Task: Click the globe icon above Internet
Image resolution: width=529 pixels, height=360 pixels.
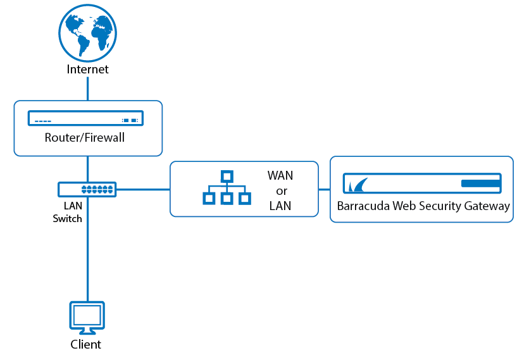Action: [x=88, y=33]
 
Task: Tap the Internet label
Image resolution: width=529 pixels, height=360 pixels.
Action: [x=88, y=69]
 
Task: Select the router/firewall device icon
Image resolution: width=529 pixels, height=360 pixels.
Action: [x=85, y=118]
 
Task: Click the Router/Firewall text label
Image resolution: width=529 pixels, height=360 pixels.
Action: [x=85, y=138]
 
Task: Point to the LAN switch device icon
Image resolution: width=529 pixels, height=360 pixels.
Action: [x=87, y=189]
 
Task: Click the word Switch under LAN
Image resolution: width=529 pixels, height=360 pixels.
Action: [x=68, y=219]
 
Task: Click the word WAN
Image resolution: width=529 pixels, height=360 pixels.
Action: [x=280, y=175]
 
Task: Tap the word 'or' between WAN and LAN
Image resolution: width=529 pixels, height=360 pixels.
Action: [x=282, y=191]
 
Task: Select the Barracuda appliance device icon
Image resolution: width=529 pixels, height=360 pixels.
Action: [x=422, y=183]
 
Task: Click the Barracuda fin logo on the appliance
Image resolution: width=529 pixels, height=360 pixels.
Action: [x=358, y=185]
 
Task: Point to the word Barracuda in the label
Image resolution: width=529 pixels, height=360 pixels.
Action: [x=363, y=206]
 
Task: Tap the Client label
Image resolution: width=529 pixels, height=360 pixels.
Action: [x=85, y=344]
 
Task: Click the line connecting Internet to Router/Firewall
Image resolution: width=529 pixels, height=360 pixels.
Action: [x=88, y=89]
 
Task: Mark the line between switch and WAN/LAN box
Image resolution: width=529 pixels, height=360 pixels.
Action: [x=143, y=190]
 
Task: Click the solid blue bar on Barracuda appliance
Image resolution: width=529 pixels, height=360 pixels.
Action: [x=480, y=183]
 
